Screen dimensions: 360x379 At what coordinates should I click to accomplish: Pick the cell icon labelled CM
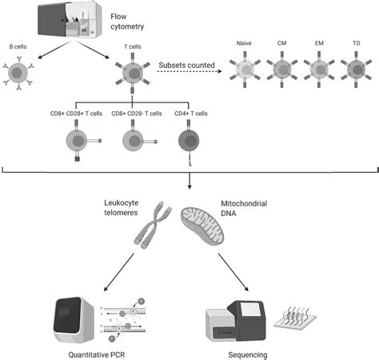click(x=281, y=67)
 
